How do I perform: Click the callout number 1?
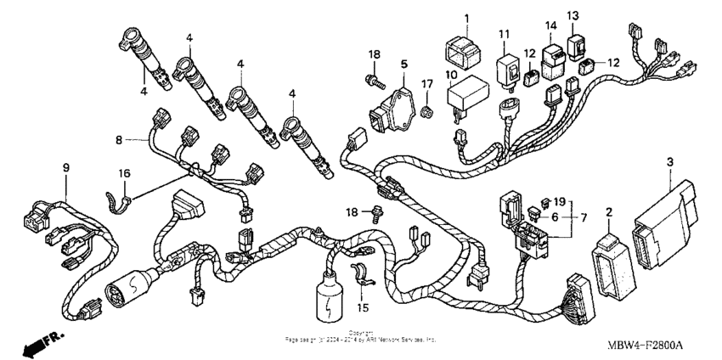click(465, 18)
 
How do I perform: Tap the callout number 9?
click(65, 168)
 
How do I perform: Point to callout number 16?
click(124, 173)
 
